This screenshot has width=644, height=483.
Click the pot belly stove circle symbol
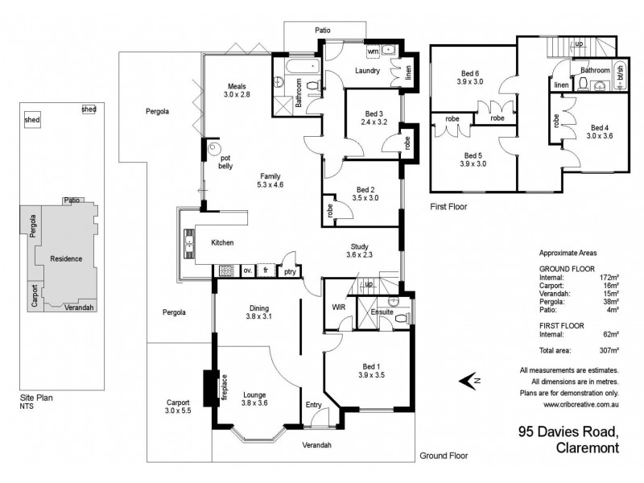(213, 149)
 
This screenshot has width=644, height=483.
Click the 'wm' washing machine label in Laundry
(373, 51)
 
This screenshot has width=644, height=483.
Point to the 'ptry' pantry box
(290, 271)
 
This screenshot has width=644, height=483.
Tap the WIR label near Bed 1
(338, 307)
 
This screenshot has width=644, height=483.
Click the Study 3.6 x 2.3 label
(359, 251)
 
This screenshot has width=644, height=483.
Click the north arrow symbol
(469, 381)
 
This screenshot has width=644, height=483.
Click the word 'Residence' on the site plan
(67, 259)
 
